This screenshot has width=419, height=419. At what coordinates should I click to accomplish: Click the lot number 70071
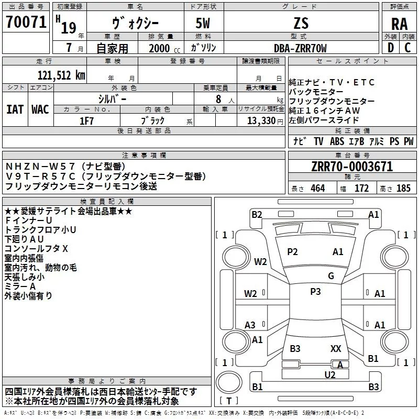[x=26, y=22]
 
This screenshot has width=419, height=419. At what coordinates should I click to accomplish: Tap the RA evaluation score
[x=399, y=24]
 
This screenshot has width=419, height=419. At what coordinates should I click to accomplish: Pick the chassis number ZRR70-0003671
[x=351, y=167]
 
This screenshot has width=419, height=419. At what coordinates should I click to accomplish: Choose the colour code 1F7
[x=86, y=120]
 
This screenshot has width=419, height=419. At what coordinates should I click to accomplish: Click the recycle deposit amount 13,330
[x=261, y=120]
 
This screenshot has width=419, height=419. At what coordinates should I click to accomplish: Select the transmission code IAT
[x=15, y=109]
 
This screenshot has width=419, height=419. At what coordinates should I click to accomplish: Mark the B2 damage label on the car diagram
[x=257, y=214]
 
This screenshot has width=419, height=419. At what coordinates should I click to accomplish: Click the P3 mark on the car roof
[x=315, y=292]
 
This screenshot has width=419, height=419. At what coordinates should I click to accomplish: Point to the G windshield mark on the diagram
[x=330, y=276]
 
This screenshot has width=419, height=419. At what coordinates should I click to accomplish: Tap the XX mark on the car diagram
[x=336, y=348]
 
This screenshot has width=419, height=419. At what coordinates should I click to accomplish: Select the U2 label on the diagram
[x=330, y=374]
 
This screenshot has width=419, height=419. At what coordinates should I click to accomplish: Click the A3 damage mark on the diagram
[x=250, y=325]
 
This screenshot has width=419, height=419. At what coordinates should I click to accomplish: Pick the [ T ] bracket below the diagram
[x=229, y=401]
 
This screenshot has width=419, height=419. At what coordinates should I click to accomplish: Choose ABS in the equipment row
[x=337, y=141]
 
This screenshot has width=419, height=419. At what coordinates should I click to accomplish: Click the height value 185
[x=403, y=189]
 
